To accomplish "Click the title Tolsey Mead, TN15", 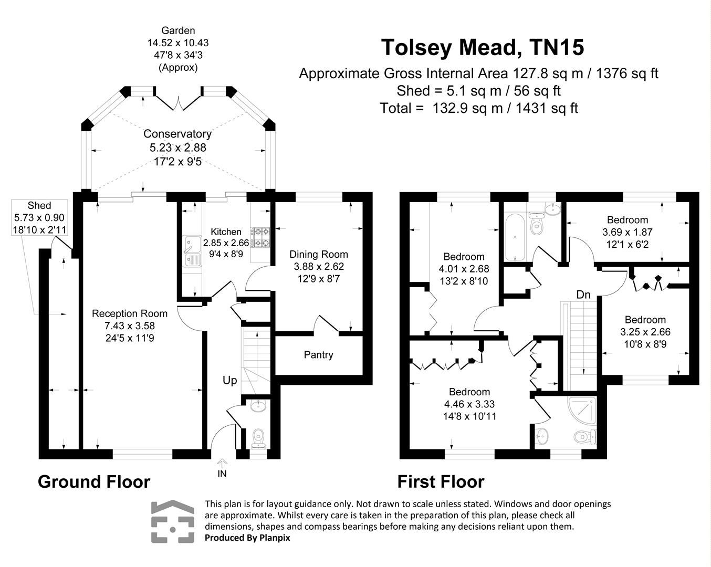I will point(482,47).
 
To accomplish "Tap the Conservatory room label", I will point(177,134).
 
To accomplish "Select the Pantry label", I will point(318,355).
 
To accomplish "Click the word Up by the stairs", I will point(230,381).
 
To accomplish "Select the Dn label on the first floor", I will point(583,295).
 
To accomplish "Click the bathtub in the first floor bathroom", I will point(515,237).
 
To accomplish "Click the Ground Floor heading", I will point(94,481).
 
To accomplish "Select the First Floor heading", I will point(441,481).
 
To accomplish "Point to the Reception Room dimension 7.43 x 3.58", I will point(130,325).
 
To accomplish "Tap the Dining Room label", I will point(319,254).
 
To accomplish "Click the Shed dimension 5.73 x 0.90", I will point(39,217).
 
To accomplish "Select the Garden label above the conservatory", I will point(178,31).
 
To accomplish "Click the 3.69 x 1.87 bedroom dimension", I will point(627,232).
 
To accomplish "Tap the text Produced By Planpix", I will point(247,538).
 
